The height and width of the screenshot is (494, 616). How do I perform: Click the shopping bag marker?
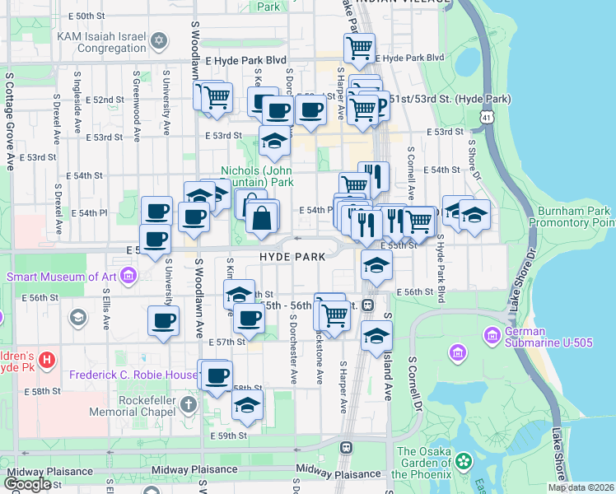(x=262, y=218)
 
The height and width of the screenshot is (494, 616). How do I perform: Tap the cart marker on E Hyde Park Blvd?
(x=359, y=50)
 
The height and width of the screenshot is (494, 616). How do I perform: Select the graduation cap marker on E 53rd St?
(x=274, y=142)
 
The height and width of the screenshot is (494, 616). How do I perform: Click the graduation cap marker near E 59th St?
(x=246, y=405)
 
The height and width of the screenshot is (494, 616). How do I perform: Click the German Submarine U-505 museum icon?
(x=492, y=336)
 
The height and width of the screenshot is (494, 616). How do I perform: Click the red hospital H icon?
(x=47, y=360)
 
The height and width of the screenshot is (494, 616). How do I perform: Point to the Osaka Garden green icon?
(x=464, y=459)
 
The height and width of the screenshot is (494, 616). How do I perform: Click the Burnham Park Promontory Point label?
(x=572, y=217)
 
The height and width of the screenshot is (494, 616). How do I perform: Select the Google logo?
(x=27, y=484)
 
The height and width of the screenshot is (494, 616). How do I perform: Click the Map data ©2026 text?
(x=581, y=487)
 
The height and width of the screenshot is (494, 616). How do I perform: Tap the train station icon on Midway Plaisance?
(x=347, y=448)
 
